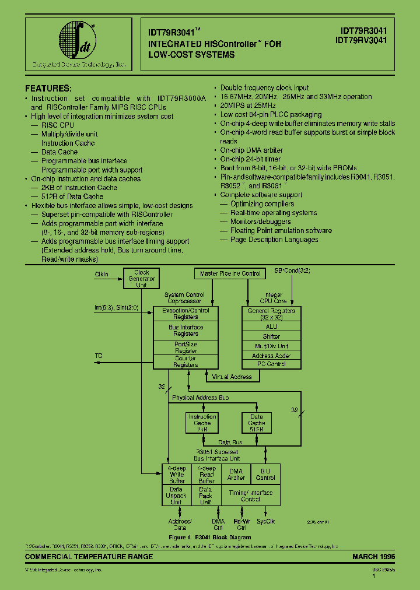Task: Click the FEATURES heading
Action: (x=48, y=89)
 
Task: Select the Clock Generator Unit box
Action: (x=142, y=279)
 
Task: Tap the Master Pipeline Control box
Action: (x=230, y=273)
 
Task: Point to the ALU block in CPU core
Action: (x=271, y=327)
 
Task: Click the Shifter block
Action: (x=271, y=336)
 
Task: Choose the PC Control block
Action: (x=271, y=364)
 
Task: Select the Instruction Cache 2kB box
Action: (x=202, y=423)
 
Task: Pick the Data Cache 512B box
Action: (x=257, y=423)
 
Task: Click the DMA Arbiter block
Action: (x=236, y=474)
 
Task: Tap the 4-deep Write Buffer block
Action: (x=177, y=474)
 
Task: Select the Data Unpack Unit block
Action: (x=177, y=496)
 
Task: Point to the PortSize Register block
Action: (x=185, y=347)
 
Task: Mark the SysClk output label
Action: (x=266, y=522)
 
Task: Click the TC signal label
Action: (x=98, y=355)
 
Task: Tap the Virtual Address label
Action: (x=232, y=377)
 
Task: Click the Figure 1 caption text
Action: (x=210, y=537)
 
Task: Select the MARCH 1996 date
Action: (x=373, y=557)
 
